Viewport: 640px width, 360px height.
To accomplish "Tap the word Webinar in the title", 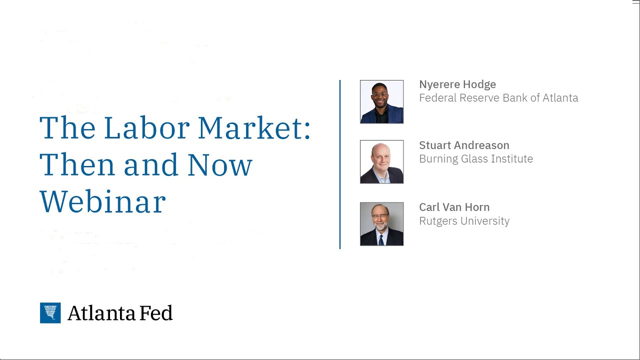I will pos(102,202).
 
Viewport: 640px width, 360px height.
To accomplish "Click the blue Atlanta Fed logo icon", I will pos(50,313).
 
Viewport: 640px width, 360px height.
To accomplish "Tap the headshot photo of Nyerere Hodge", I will pos(381,101).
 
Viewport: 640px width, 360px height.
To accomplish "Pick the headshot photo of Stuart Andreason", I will pos(381,162).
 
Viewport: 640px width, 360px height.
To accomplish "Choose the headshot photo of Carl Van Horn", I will pos(381,224).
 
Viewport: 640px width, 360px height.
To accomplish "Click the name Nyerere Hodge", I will pos(457,84).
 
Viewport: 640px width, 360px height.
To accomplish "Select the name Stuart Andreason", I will pos(464,145).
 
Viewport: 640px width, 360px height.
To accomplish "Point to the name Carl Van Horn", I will pos(454,207).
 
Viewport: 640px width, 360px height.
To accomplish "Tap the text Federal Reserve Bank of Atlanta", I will pos(498,98).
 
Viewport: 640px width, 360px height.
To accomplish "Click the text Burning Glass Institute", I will pos(476,159).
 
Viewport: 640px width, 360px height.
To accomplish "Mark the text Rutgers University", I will pos(464,221).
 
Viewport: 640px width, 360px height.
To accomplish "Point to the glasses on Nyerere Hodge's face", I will pos(380,94).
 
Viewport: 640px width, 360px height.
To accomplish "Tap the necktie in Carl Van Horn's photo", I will pos(381,239).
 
